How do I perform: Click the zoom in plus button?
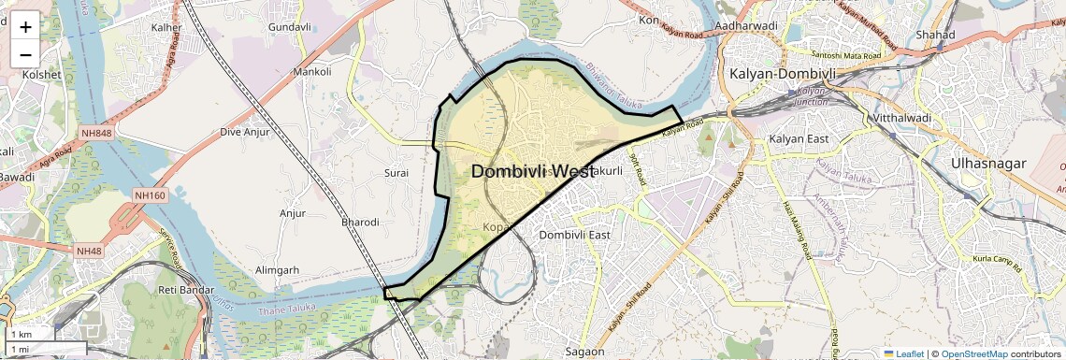point(25,27)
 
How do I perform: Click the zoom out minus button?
point(25,53)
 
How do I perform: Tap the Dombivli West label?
point(532,172)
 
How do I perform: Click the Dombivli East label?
point(575,235)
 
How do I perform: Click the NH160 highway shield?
point(150,195)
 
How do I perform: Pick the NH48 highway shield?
point(89,251)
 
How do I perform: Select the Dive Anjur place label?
point(244,132)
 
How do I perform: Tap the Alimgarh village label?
point(278,270)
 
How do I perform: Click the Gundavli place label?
point(289,27)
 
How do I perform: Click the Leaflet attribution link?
point(904,354)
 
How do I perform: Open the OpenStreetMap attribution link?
point(974,354)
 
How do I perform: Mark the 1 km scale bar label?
point(22,335)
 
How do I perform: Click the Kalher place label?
point(166,28)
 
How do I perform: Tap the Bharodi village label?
point(360,223)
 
